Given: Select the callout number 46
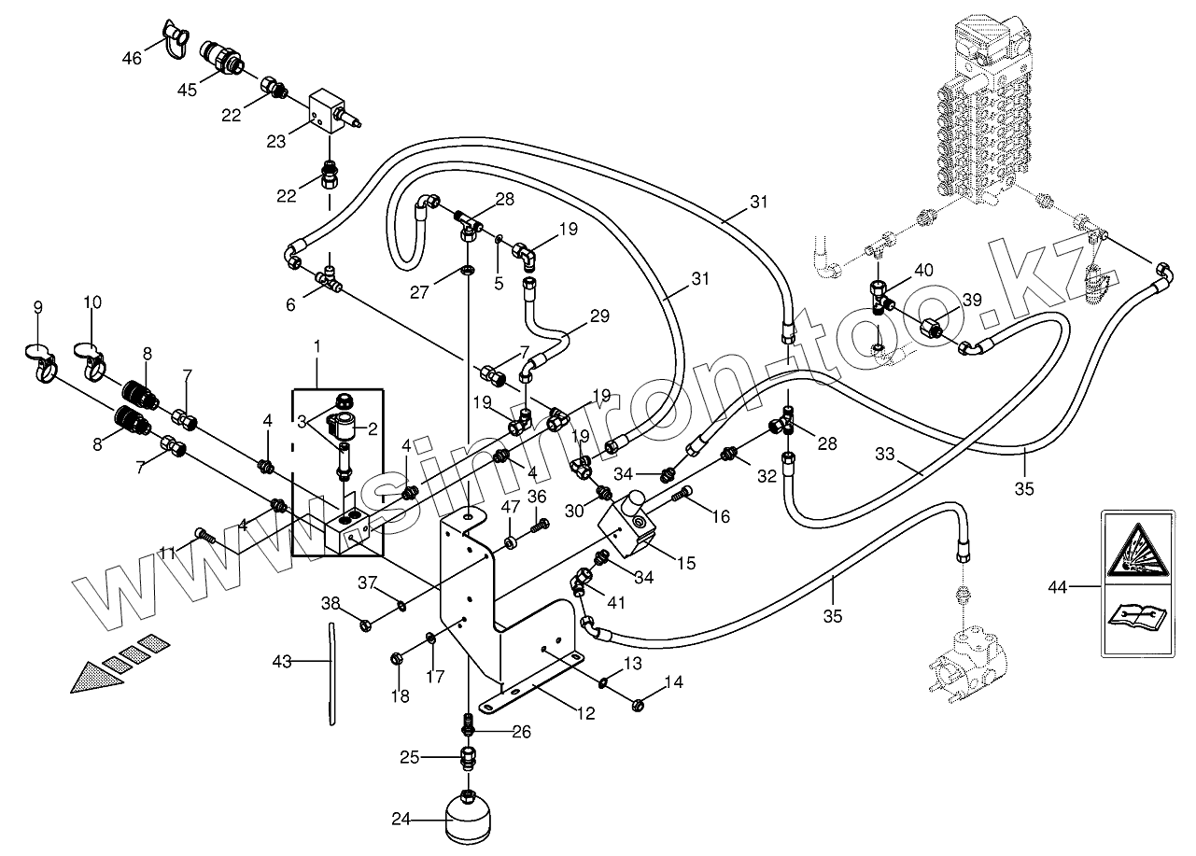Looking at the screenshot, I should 132,58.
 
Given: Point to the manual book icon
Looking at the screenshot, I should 1134,617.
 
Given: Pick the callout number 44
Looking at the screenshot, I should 1057,587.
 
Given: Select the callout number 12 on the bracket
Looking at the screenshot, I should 585,714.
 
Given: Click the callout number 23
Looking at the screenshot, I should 276,141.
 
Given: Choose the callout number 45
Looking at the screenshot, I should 188,90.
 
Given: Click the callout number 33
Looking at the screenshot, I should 885,455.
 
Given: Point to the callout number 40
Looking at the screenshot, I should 923,271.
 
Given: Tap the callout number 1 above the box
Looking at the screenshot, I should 317,346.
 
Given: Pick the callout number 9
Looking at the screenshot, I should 38,307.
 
